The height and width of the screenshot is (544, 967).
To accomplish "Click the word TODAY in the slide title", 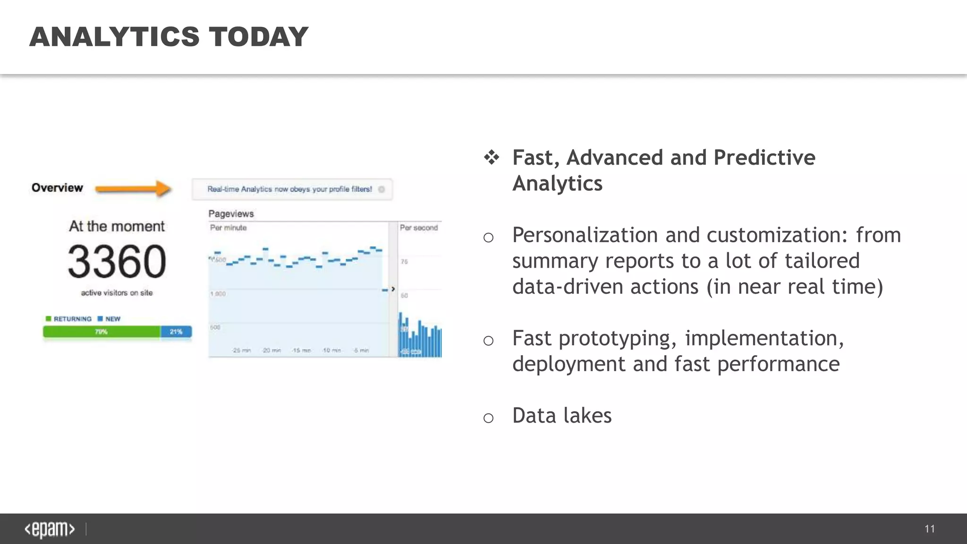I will click(259, 37).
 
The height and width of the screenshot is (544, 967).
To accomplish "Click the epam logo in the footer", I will click(50, 529).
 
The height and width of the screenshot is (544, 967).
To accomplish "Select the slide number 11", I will click(929, 529).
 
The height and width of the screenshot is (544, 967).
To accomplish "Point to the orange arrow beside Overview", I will click(133, 189).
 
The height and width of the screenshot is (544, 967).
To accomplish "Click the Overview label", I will click(57, 188).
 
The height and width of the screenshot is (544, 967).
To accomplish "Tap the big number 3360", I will click(117, 261).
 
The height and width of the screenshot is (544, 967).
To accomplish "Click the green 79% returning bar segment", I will click(102, 332).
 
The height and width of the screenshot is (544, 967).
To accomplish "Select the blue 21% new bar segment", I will click(176, 332).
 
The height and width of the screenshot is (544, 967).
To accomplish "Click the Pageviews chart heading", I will click(231, 214).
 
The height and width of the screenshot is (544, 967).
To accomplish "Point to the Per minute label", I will click(228, 228).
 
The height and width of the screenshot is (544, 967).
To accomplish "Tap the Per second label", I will click(419, 228).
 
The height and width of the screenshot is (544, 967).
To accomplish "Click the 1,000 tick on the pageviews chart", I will click(218, 294).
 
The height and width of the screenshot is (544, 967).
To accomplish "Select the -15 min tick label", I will click(301, 350).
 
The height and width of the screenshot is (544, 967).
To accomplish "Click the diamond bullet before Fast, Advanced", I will click(491, 157).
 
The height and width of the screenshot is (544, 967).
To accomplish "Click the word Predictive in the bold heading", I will click(764, 158).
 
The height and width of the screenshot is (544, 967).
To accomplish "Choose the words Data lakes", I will click(561, 416).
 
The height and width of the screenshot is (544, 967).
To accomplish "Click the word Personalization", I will click(585, 235).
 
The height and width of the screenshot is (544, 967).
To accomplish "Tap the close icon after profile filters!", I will click(382, 189).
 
